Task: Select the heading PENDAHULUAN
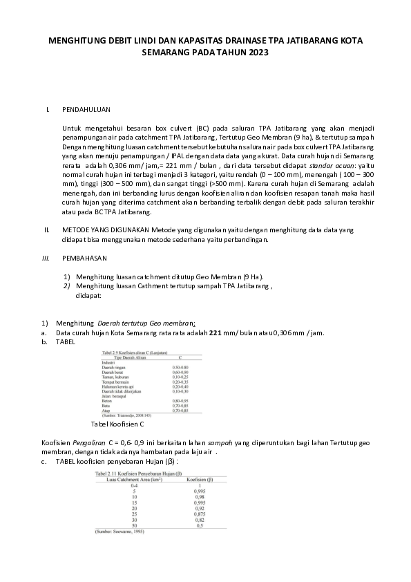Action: pyautogui.click(x=86, y=109)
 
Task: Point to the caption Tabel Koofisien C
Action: pyautogui.click(x=118, y=424)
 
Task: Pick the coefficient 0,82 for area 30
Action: pyautogui.click(x=200, y=519)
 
